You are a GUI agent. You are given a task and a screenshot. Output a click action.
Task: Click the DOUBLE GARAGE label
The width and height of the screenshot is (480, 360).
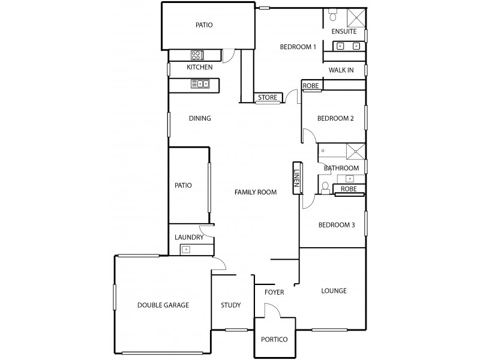[163, 305]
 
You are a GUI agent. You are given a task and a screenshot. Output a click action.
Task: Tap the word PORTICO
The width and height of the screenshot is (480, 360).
[274, 339]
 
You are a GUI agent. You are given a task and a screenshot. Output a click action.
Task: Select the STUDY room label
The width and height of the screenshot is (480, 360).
[230, 305]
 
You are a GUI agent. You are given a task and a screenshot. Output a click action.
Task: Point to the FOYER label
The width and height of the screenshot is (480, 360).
[274, 292]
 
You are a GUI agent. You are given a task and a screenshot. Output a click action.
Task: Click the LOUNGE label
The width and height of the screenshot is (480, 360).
[334, 291]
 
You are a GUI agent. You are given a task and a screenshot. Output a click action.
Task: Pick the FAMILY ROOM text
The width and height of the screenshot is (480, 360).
[256, 193]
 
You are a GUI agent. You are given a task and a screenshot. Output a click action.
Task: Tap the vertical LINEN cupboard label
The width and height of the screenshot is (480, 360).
[296, 178]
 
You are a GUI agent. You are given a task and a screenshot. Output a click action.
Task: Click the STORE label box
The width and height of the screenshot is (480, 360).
[267, 98]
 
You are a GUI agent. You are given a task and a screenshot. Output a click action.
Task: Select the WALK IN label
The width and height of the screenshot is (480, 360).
[341, 70]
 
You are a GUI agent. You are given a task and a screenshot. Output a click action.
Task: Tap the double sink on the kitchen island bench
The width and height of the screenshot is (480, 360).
[200, 84]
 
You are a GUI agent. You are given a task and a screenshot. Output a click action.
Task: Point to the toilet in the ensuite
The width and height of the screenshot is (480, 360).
[334, 13]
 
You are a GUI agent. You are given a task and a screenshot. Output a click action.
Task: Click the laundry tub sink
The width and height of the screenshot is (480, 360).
[187, 248]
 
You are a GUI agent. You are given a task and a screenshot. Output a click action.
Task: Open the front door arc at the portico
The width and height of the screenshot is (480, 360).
[271, 310]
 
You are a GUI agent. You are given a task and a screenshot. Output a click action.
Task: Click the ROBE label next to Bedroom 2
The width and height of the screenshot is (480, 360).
[310, 86]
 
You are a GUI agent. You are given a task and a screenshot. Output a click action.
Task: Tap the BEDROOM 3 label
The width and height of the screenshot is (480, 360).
[337, 225]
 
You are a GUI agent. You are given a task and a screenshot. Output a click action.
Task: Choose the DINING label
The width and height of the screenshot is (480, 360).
[200, 118]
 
